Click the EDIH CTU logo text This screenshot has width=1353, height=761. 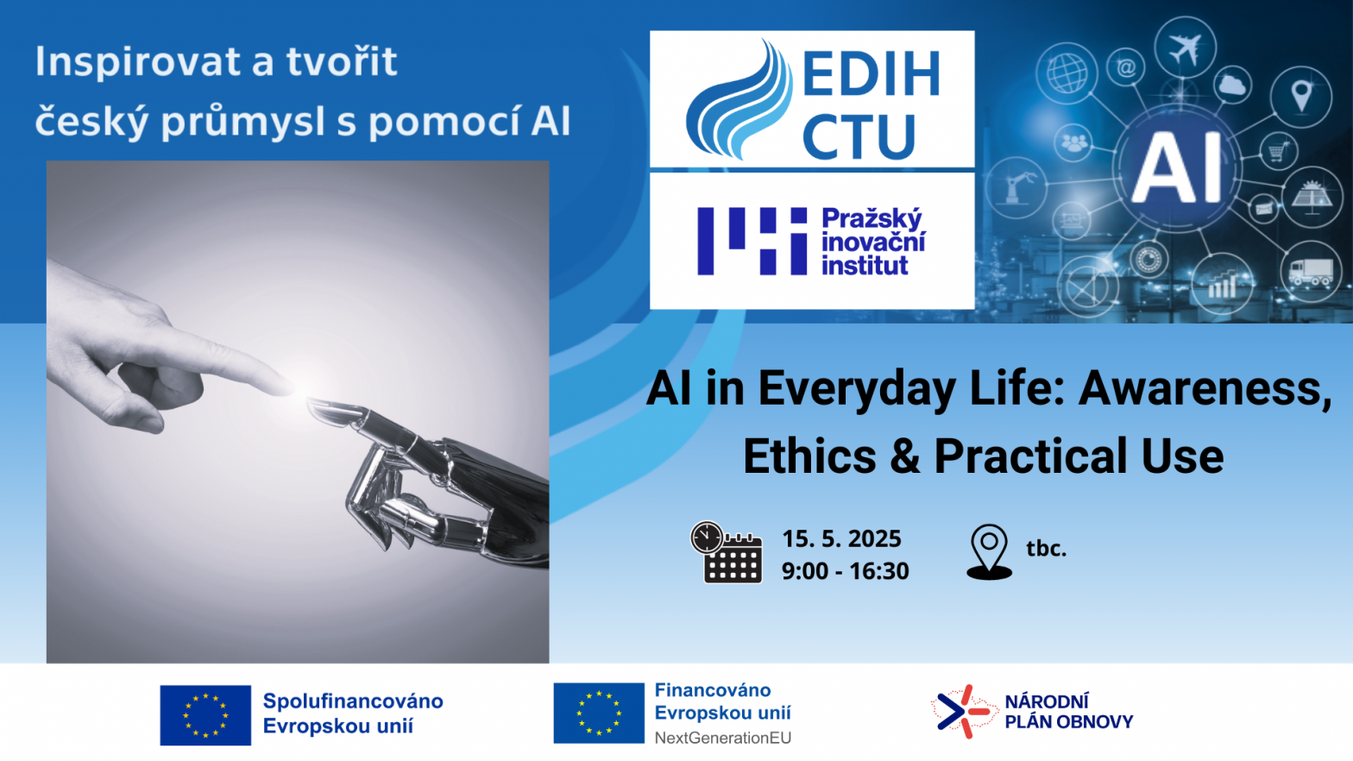click(871, 104)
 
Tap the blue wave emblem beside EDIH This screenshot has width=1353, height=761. click(739, 100)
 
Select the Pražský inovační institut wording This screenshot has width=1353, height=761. click(873, 242)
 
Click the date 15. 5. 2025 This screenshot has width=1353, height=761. click(841, 538)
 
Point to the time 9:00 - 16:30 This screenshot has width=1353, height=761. click(845, 571)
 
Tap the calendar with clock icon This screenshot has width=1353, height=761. click(727, 552)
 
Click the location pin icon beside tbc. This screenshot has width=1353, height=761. click(989, 552)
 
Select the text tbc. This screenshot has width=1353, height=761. click(1046, 548)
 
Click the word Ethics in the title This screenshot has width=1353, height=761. click(810, 456)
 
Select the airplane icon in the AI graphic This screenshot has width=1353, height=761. click(1185, 48)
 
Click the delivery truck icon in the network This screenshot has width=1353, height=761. click(1310, 272)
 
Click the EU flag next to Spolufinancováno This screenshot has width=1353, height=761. click(205, 715)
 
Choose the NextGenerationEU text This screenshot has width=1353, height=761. click(722, 738)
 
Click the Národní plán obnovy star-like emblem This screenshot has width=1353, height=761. click(963, 712)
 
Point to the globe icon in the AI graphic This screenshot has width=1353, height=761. click(1067, 73)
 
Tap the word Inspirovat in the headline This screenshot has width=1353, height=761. click(138, 62)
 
